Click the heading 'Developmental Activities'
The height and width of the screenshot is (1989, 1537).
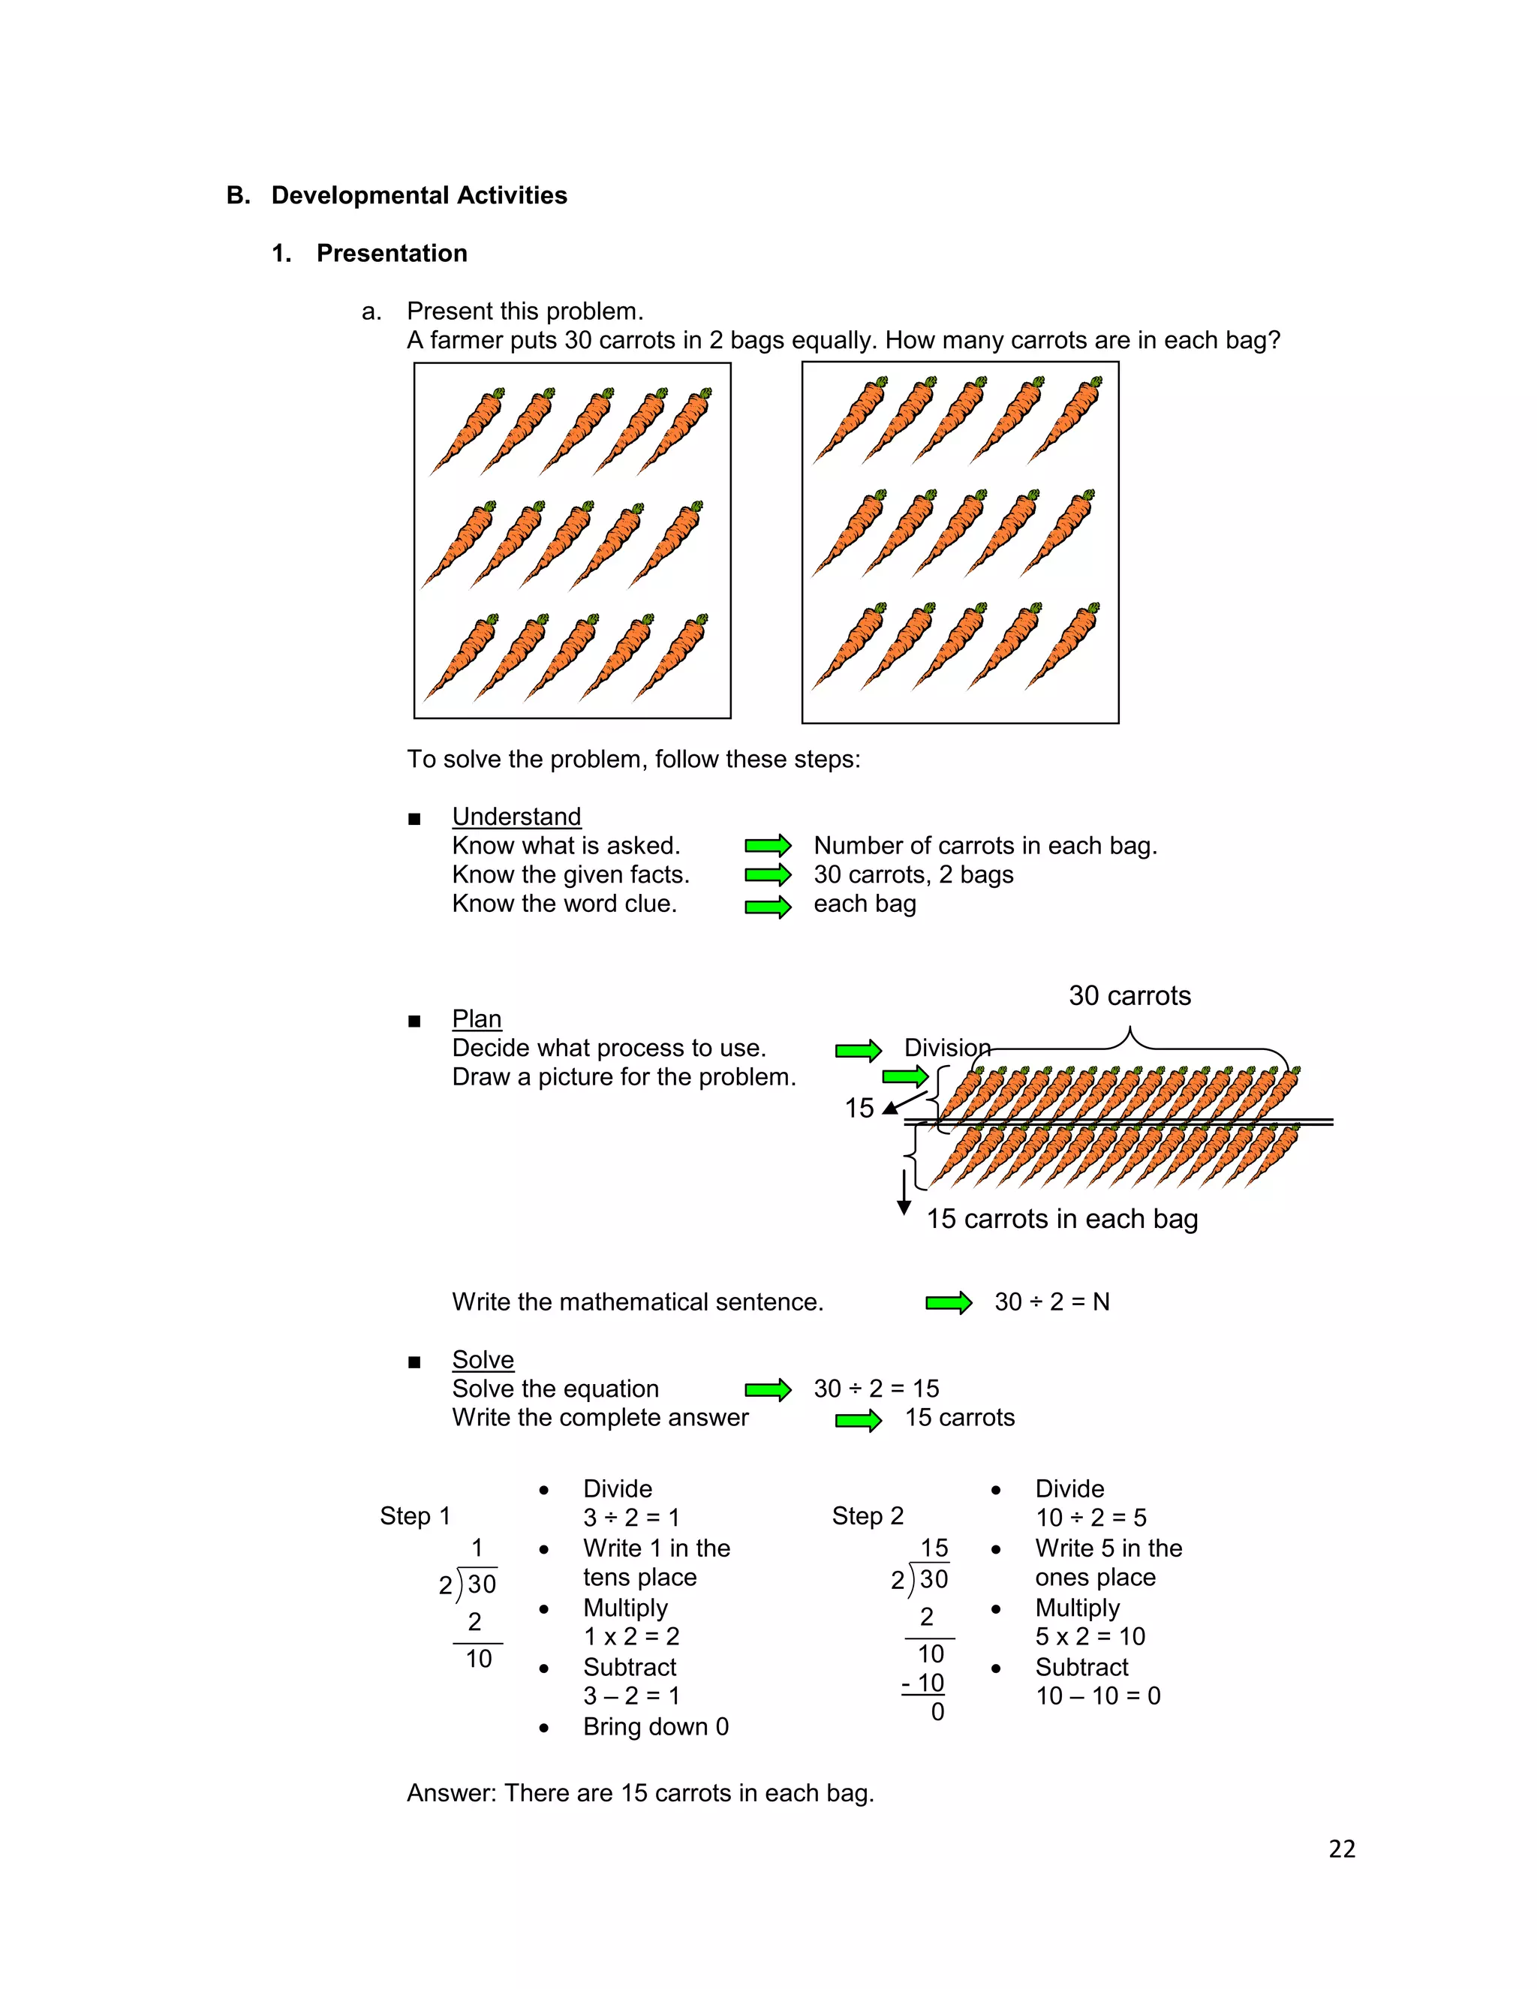419,195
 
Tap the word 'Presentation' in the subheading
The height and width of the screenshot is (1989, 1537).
392,253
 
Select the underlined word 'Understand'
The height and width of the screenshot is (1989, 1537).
516,816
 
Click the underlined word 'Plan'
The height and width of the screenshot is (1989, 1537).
477,1019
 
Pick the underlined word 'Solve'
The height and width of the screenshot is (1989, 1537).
483,1360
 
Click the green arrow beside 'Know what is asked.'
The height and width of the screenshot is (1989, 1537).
768,846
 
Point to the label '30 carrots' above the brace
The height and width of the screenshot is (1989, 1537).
1129,995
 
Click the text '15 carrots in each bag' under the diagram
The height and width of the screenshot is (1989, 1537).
1062,1218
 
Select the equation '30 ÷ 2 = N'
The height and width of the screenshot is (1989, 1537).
1051,1302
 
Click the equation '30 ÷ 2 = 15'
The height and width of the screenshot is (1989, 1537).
876,1389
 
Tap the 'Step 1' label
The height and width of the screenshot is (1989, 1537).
415,1515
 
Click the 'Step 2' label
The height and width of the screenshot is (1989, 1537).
868,1515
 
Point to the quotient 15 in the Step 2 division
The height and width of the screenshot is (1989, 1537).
934,1548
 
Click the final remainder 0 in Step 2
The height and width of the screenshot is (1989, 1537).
937,1712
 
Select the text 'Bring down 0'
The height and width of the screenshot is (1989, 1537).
656,1727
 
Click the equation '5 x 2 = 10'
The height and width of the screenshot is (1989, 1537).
1090,1636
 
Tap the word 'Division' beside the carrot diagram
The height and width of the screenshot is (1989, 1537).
947,1047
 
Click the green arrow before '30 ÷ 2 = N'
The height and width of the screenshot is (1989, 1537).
949,1303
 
